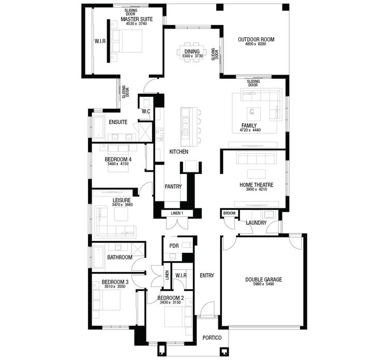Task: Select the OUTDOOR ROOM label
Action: [256, 39]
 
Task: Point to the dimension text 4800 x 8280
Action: [256, 45]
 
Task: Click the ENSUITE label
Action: [118, 122]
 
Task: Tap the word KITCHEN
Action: [178, 152]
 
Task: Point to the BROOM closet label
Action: [229, 213]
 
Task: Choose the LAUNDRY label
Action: [256, 223]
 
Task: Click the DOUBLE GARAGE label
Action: [263, 280]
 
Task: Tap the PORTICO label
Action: [212, 338]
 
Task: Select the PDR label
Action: [174, 246]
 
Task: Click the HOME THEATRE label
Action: [256, 185]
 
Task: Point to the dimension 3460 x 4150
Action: [118, 164]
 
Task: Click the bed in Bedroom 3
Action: [107, 300]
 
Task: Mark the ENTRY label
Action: [207, 276]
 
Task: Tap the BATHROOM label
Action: [120, 257]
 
